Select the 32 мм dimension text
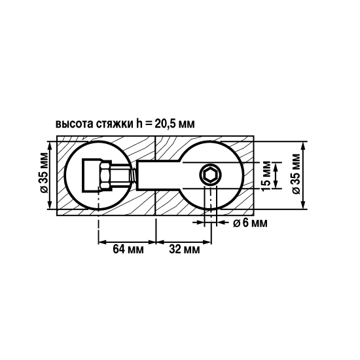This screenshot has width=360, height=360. pyautogui.click(x=185, y=250)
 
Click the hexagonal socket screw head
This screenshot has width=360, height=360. pyautogui.click(x=210, y=175)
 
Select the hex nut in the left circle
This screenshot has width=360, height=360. pyautogui.click(x=103, y=175)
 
